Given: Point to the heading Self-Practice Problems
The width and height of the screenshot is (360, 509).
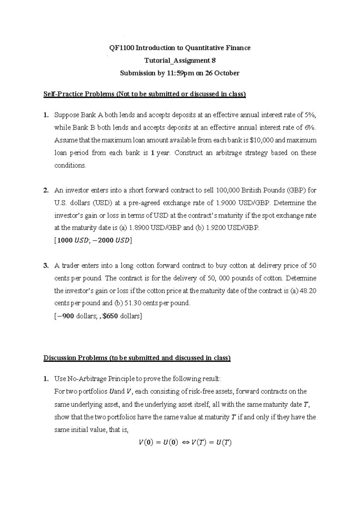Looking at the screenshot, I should (x=79, y=94).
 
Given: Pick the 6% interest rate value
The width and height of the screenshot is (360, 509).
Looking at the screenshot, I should (x=310, y=128).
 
